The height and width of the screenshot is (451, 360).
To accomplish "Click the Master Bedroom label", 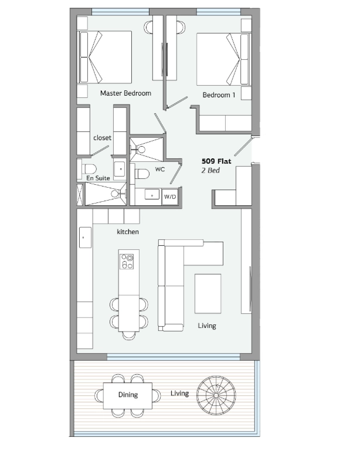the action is pos(125,93).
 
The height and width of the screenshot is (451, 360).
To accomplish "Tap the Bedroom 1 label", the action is pos(219,95).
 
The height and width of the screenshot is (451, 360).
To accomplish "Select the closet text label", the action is pos(102,138).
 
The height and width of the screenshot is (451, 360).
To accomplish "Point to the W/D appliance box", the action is pos(170,196).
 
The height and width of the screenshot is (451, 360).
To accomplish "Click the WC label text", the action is pos(160,169).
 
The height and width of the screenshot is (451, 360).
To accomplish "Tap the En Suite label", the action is pos(98,178).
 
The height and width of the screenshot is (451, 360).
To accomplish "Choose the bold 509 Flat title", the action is pos(216,161).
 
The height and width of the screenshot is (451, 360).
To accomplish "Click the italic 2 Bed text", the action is pos(210,170).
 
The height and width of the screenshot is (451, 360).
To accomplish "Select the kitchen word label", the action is pos(128,232).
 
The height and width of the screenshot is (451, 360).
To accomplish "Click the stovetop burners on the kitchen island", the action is pos(127,262).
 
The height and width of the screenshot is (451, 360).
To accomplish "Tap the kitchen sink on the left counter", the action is pos(85,238).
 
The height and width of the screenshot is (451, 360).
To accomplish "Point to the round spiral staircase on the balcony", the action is pos(216,395).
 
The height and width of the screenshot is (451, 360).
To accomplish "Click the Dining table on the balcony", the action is pos(128,395).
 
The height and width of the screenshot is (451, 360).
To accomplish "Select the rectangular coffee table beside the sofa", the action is pos(208,294).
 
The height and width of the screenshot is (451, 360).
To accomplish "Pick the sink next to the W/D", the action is pos(152,194).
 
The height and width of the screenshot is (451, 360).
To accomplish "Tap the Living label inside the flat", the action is pos(207,326).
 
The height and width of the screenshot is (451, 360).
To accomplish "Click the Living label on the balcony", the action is pos(179,393).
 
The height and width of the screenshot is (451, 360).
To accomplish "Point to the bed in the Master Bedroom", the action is pos(105,57).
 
